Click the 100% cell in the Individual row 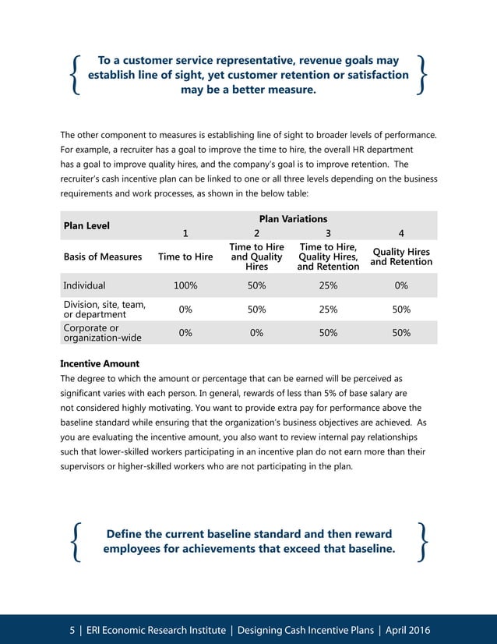pyautogui.click(x=185, y=286)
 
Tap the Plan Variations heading pyautogui.click(x=293, y=219)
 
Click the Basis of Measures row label pyautogui.click(x=103, y=257)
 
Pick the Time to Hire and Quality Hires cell pyautogui.click(x=256, y=257)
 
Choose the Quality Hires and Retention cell pyautogui.click(x=401, y=257)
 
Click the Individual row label pyautogui.click(x=84, y=286)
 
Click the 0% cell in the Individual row pyautogui.click(x=401, y=286)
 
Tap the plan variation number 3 pyautogui.click(x=329, y=232)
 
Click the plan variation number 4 pyautogui.click(x=401, y=232)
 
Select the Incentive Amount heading pyautogui.click(x=100, y=363)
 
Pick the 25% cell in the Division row pyautogui.click(x=329, y=310)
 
